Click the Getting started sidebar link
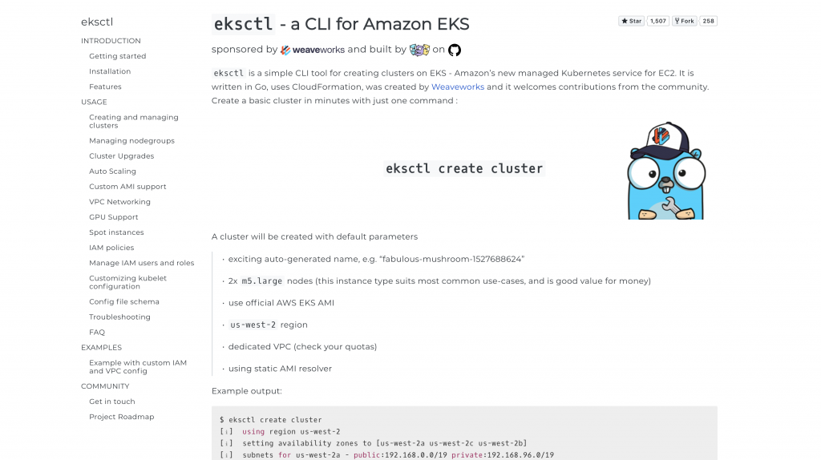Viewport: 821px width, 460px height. pos(117,56)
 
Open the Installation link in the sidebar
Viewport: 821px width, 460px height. pos(110,71)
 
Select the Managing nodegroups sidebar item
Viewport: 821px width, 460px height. pos(131,141)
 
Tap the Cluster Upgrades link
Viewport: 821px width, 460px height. pos(121,156)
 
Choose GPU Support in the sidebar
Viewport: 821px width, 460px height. pos(113,217)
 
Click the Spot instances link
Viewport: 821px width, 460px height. pos(116,232)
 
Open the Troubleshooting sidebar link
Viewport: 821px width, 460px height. pos(119,317)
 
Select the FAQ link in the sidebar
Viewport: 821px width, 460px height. pos(97,333)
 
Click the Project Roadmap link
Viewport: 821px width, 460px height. pos(121,417)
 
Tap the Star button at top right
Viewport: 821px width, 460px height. pos(631,21)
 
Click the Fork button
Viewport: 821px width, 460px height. pos(684,21)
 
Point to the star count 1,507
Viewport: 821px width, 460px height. pos(657,21)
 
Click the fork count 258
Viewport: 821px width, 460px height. pos(708,21)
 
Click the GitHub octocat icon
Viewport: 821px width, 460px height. pos(455,50)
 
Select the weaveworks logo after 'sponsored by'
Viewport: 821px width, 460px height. pos(312,50)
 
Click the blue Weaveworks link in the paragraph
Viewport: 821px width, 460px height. pos(457,87)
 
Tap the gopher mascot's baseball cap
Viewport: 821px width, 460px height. pos(661,136)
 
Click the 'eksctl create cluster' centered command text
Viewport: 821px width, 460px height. pos(464,169)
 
